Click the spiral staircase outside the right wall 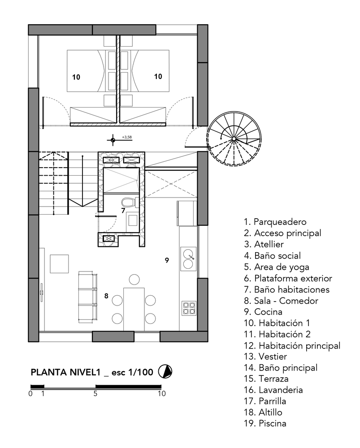234,139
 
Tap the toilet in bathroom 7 128,202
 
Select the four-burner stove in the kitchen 189,308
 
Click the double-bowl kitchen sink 188,258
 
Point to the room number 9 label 167,260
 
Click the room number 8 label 106,296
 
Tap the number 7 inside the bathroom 123,211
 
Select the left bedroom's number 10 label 76,77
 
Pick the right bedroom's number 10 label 158,76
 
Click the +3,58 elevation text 127,137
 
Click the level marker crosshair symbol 113,140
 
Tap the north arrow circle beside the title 165,371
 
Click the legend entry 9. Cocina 263,312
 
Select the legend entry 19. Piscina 265,423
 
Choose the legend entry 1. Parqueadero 275,222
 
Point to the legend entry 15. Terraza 266,379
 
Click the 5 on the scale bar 95,393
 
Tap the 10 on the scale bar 162,393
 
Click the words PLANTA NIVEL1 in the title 65,372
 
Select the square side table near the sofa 60,264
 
